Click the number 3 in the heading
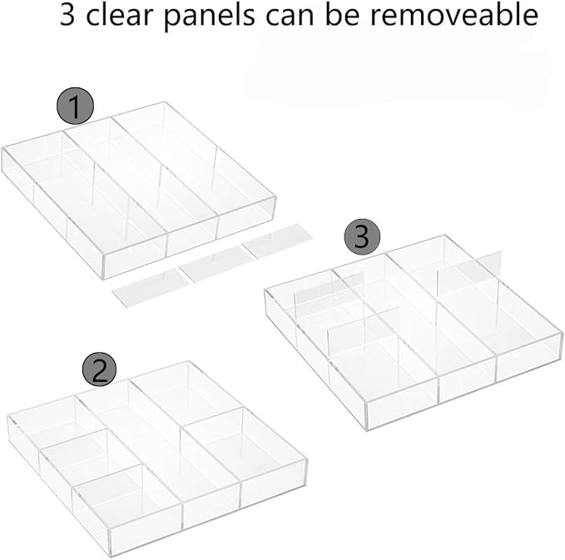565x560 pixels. tap(69, 17)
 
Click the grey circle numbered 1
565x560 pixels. tap(75, 107)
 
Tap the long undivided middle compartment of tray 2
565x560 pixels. tap(166, 441)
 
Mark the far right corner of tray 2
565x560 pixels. tap(306, 458)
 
